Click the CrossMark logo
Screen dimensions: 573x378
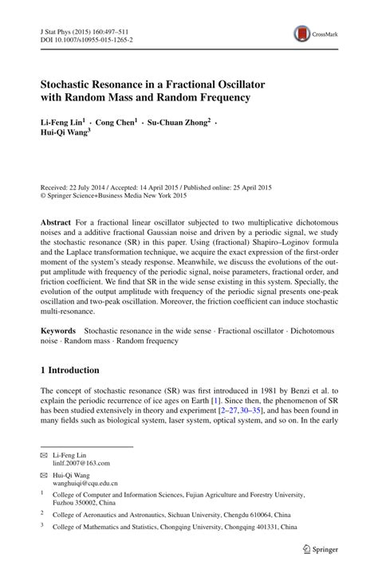[313, 34]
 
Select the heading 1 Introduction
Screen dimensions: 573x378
[70, 371]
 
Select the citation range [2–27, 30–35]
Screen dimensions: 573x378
[246, 414]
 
